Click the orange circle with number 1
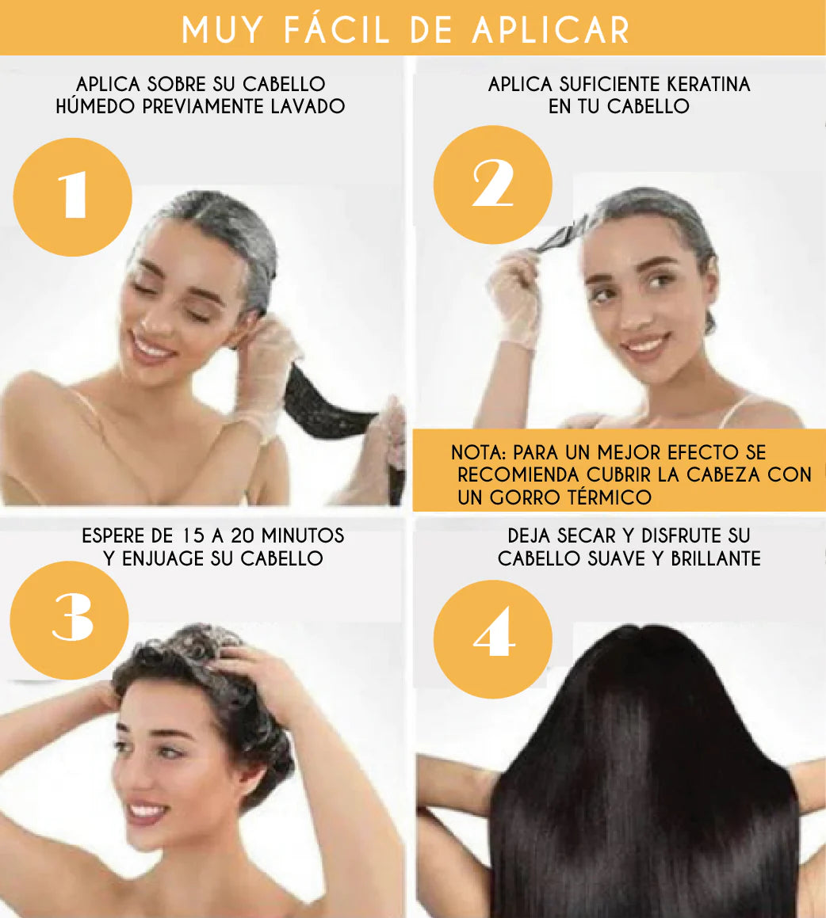tap(73, 197)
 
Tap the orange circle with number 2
tap(493, 185)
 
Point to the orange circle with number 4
tap(493, 639)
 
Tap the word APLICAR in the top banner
tap(551, 29)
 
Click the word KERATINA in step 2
tap(701, 84)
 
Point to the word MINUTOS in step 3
tap(303, 536)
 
